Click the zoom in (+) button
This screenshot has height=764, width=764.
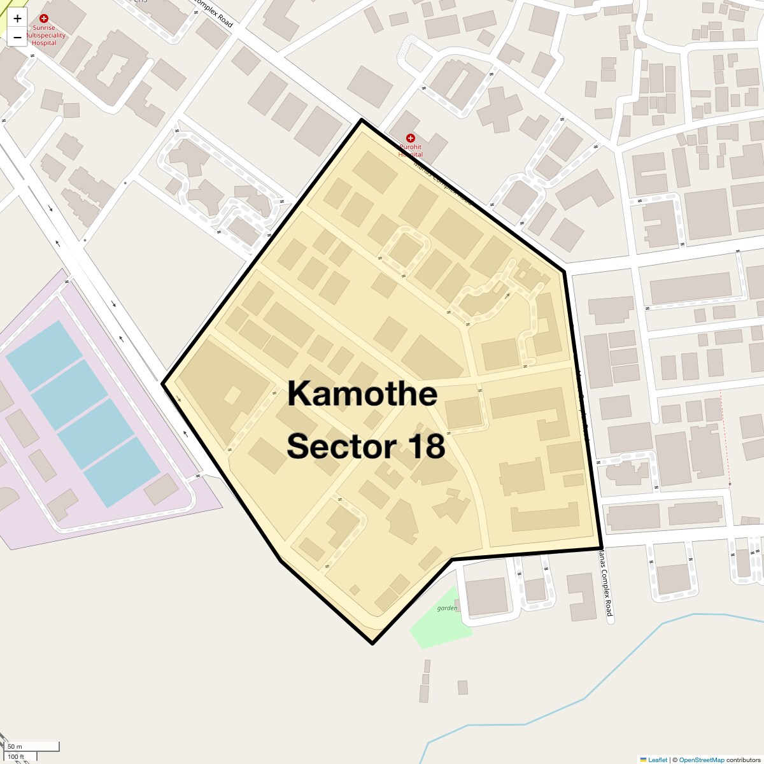[x=17, y=18]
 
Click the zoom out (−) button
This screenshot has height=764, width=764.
[x=17, y=38]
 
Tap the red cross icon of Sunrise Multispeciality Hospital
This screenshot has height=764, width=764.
[x=44, y=18]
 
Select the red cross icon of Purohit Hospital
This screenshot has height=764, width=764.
[x=411, y=138]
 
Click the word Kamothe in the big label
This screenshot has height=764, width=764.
[x=362, y=393]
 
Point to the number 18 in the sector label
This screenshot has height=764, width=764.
[x=427, y=446]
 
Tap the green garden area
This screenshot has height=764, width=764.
[x=441, y=618]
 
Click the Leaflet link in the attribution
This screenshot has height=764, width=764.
[x=657, y=760]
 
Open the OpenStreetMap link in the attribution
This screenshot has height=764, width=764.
[x=701, y=760]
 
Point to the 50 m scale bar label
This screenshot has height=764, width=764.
[x=15, y=746]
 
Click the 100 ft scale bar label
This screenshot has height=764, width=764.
[x=16, y=757]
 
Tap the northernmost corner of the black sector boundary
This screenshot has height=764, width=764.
[x=362, y=120]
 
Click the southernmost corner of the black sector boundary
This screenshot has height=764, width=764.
[x=372, y=643]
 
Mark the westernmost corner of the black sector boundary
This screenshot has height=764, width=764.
[x=164, y=384]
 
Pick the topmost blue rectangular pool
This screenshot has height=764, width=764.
[x=44, y=355]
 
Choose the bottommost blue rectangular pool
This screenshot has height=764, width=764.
[x=122, y=472]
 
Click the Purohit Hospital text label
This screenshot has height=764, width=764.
[x=411, y=151]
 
